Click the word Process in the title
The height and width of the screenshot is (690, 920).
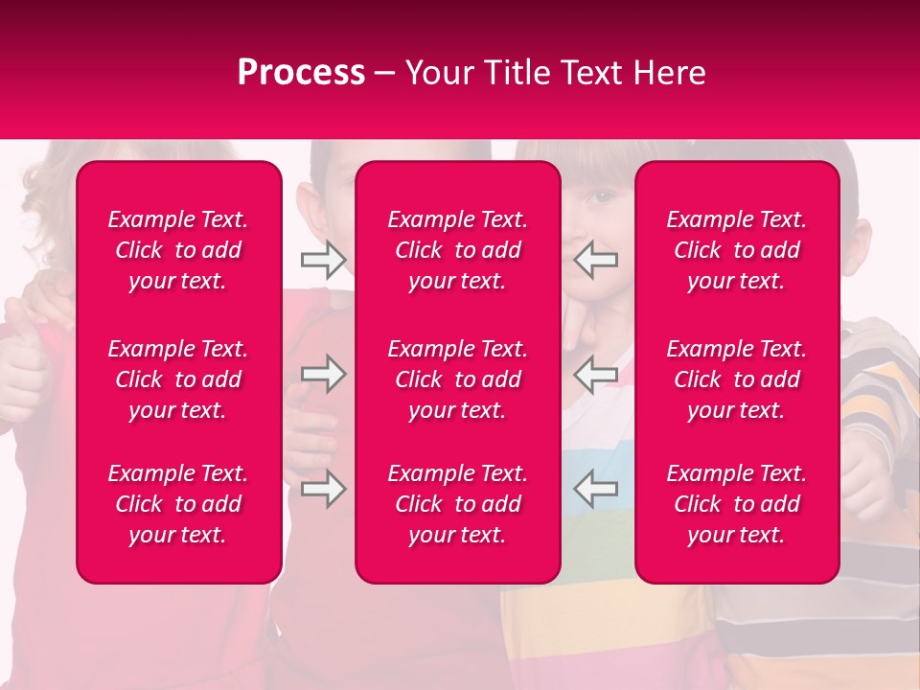click(301, 73)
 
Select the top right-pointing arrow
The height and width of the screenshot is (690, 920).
click(323, 259)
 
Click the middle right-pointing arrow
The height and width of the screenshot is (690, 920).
click(323, 373)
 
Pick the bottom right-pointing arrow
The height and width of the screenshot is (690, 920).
click(323, 488)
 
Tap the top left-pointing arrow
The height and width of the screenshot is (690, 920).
click(595, 259)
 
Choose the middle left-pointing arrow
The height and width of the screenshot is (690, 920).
click(595, 373)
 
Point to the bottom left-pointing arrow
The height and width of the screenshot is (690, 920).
click(595, 488)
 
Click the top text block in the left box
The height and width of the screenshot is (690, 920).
click(178, 250)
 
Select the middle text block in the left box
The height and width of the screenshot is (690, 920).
click(178, 379)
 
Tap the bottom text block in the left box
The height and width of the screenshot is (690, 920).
click(178, 504)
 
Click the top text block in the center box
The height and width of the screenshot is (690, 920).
click(457, 250)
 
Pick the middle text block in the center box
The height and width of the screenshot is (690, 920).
click(457, 379)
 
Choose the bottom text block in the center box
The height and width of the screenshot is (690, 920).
click(457, 504)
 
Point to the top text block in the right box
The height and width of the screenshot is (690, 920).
click(736, 250)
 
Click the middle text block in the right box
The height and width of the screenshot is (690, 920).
click(736, 379)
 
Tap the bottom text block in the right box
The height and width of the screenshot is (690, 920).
click(736, 504)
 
